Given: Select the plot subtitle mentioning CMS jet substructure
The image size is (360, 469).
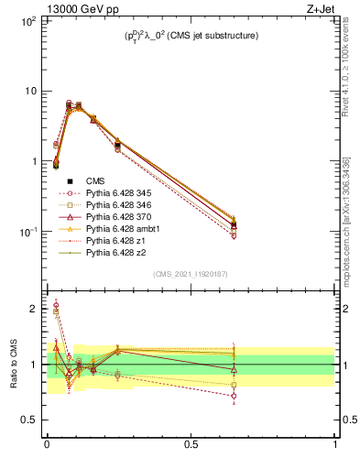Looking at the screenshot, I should pyautogui.click(x=191, y=36).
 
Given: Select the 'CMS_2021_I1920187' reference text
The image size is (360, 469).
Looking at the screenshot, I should pyautogui.click(x=190, y=274).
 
